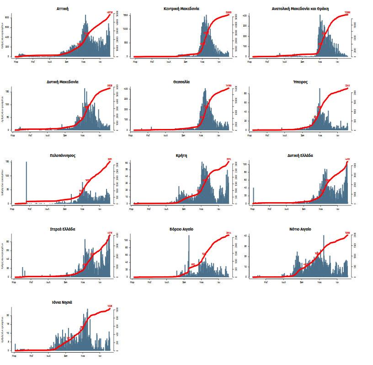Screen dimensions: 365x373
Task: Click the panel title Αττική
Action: click(x=63, y=9)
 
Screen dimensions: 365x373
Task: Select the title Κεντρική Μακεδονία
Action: click(x=181, y=9)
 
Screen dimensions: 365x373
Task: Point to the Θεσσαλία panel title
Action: click(x=181, y=82)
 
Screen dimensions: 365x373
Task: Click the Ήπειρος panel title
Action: click(x=300, y=82)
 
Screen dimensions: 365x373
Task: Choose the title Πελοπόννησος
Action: click(x=63, y=155)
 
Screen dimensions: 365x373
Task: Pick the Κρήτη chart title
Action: click(x=181, y=155)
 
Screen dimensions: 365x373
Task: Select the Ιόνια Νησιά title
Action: click(x=63, y=302)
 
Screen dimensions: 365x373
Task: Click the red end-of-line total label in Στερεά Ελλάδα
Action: click(x=109, y=233)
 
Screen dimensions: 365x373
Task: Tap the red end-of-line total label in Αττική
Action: click(x=110, y=13)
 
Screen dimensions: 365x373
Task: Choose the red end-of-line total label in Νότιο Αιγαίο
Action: click(x=346, y=233)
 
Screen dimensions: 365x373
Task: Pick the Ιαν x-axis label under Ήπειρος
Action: click(x=337, y=135)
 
